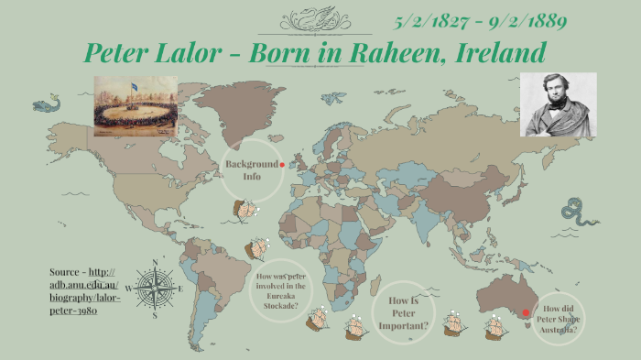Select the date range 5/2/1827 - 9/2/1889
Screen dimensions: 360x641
pos(481,21)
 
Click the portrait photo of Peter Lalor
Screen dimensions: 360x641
pos(558,104)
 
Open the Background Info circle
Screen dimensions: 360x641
pos(251,169)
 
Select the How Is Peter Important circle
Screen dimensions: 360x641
pos(408,311)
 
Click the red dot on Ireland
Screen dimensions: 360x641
pos(282,165)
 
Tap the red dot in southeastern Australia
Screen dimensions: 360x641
pos(526,313)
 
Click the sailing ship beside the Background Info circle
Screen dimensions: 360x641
pos(245,211)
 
